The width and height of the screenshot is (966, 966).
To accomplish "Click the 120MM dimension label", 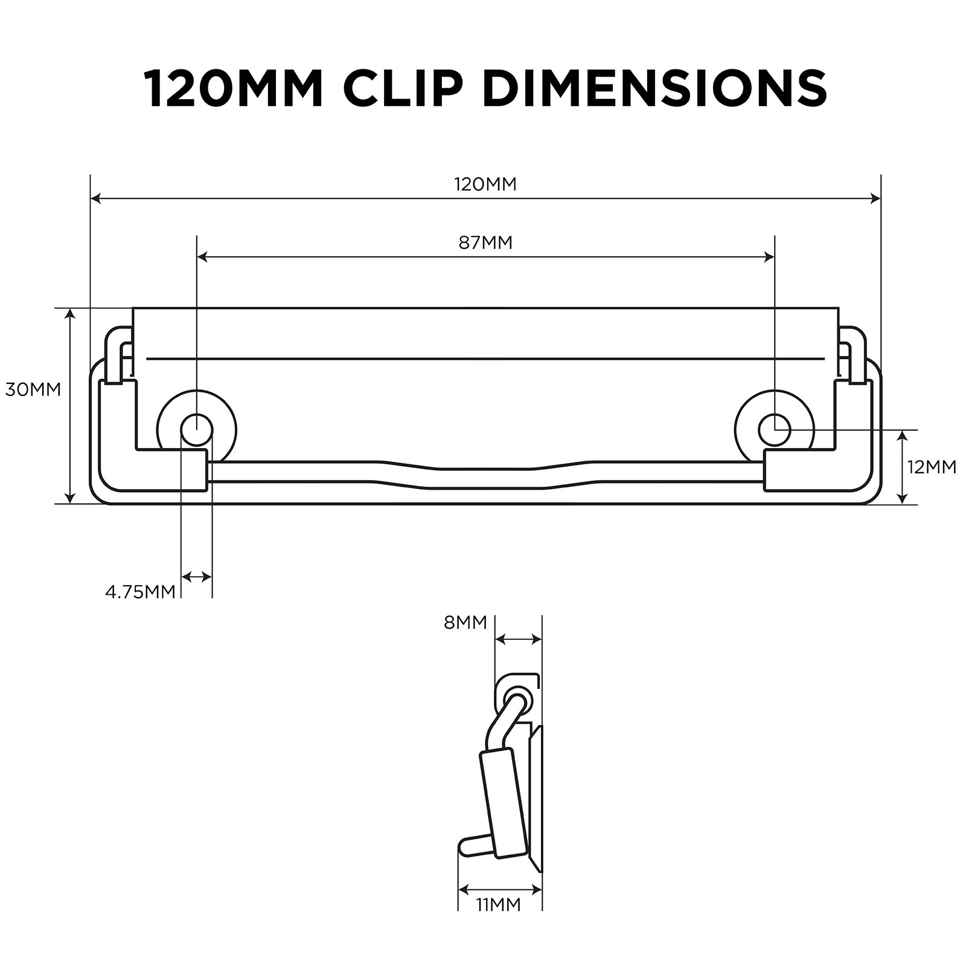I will pos(485,184).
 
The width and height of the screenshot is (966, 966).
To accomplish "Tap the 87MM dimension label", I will pos(485,243).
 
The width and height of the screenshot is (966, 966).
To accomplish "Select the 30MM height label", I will pos(33,389).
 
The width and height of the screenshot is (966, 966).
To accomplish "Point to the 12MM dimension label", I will pos(932,467).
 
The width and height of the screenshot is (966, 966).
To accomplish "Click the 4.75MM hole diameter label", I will pos(140,592).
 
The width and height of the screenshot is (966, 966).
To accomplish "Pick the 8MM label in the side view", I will pos(465,622).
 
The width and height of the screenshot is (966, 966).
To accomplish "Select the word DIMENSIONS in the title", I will pos(655,88).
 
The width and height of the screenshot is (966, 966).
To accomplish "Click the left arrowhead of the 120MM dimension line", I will pos(95,198).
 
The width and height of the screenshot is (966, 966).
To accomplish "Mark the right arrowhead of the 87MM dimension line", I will pos(769,257).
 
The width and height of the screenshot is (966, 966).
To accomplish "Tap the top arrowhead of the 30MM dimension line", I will pos(71,313).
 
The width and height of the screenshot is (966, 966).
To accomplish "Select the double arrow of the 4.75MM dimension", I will pos(197,577).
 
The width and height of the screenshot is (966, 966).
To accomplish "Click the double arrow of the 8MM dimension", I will pos(518,639).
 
